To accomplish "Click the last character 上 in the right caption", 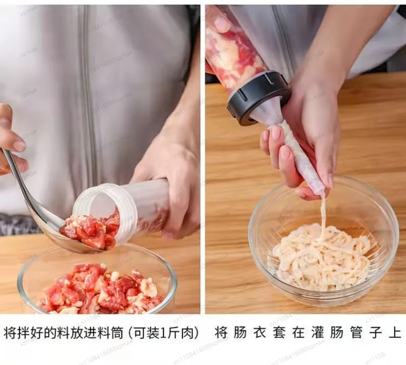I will [x=395, y=333].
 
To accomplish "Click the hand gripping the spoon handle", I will [x=10, y=141].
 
